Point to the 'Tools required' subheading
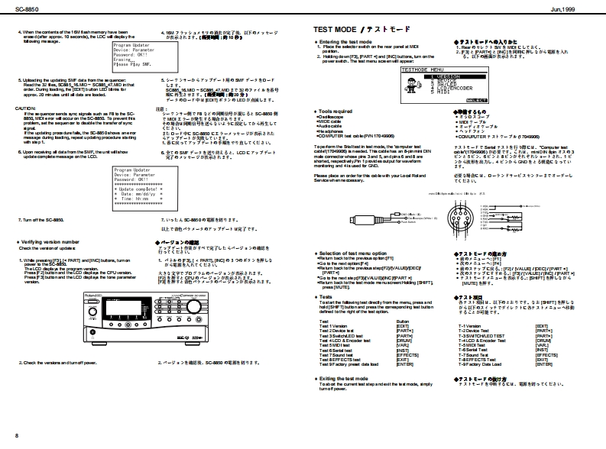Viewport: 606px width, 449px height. [x=335, y=111]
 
